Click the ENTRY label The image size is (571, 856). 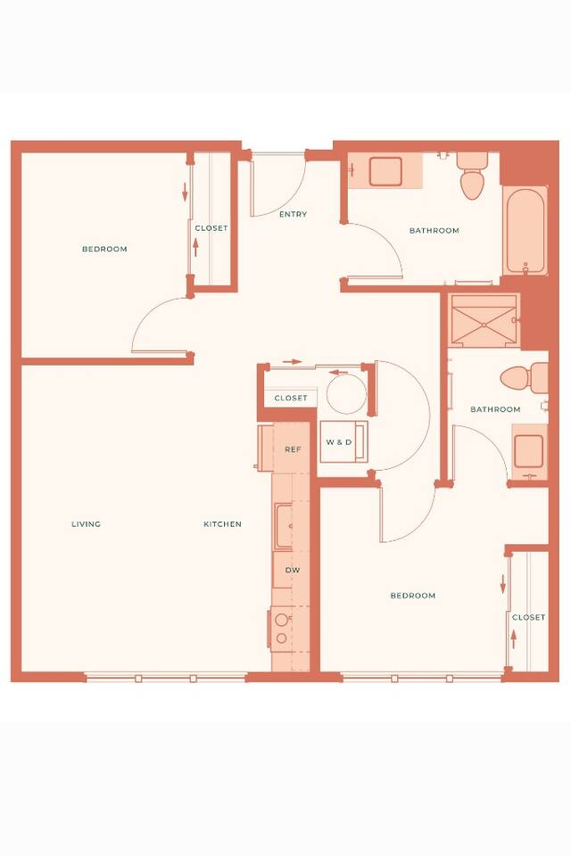click(x=293, y=215)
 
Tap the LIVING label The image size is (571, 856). click(x=87, y=524)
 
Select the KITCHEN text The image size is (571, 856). click(x=222, y=524)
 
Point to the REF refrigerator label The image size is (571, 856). click(x=293, y=449)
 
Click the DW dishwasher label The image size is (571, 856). click(x=293, y=570)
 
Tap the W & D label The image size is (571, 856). click(x=339, y=442)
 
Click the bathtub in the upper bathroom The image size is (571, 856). click(x=525, y=231)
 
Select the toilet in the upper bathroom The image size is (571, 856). click(x=472, y=176)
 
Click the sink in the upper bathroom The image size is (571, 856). click(x=385, y=171)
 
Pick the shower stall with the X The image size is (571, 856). click(x=484, y=320)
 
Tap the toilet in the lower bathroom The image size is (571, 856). click(x=524, y=378)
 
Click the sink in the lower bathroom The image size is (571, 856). click(x=529, y=451)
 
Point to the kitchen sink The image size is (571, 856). click(x=284, y=526)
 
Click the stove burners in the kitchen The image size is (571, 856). click(x=282, y=629)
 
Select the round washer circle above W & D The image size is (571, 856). click(x=346, y=393)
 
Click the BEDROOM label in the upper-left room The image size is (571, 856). click(x=104, y=249)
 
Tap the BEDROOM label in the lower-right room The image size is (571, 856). click(x=413, y=596)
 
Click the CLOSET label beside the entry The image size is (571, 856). click(x=211, y=228)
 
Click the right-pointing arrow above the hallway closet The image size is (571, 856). click(x=293, y=362)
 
